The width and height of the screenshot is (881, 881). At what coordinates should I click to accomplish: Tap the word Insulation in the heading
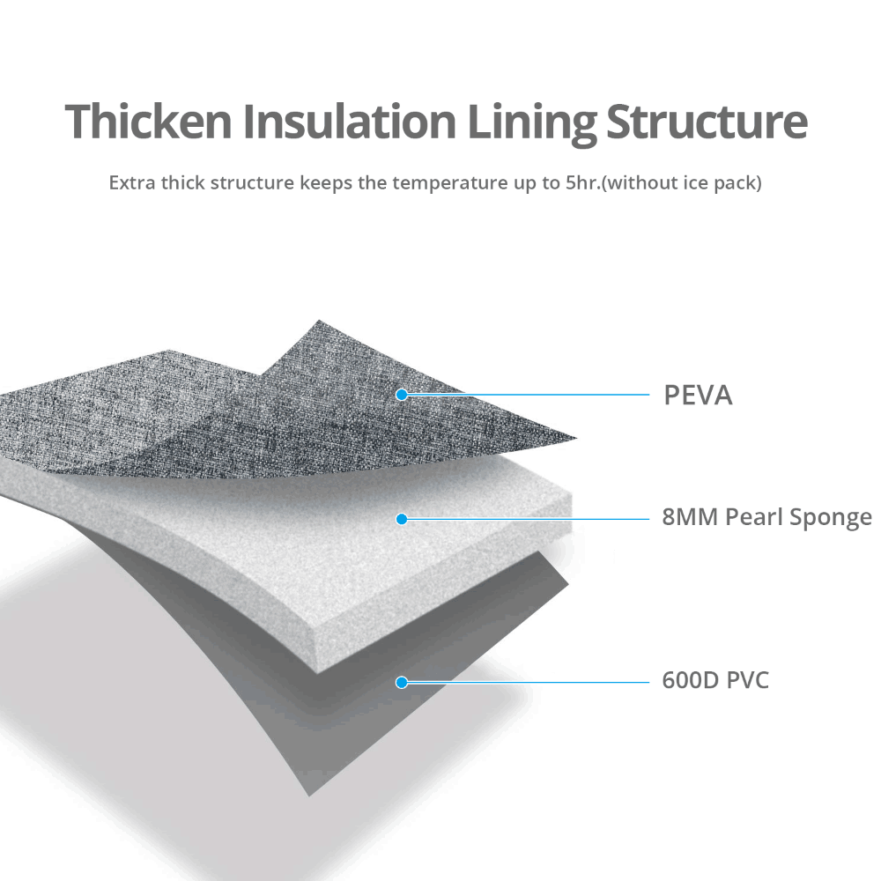coord(348,122)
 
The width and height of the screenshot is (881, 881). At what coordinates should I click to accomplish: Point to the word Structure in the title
coord(707,122)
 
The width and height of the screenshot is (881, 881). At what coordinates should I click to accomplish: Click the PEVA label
coord(697,396)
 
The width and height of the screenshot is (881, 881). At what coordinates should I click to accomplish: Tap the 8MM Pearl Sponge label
coord(766,517)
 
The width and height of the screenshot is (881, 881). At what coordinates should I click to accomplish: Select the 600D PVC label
coord(715,681)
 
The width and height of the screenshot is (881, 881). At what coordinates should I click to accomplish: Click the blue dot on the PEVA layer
coord(402,395)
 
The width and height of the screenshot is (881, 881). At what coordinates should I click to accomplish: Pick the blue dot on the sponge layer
coord(402,519)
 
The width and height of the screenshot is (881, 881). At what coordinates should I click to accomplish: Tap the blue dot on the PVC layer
coord(402,682)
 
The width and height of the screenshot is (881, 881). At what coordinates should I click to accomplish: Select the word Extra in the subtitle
coord(129,184)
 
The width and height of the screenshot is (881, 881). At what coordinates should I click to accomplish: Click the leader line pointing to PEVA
coord(529,395)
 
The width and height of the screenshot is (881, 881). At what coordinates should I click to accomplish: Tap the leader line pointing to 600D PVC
coord(529,682)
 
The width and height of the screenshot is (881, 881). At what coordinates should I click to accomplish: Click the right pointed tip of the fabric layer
coord(574,437)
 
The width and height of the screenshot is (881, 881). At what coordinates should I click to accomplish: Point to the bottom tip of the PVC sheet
coord(309,794)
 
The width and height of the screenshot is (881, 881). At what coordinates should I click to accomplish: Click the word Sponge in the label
coord(833,518)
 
